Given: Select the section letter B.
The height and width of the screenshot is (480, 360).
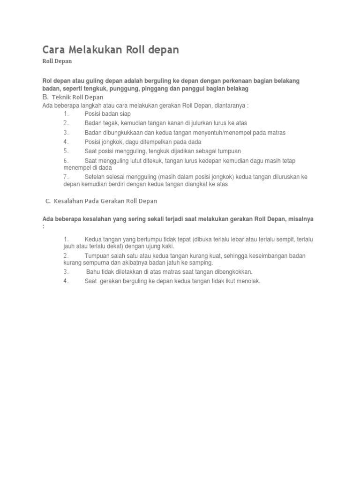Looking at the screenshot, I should (45, 97).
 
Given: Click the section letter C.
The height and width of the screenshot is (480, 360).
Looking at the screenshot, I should (47, 201).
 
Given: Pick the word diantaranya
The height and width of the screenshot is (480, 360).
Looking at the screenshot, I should (230, 105).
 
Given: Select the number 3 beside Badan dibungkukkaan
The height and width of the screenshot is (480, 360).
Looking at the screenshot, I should (66, 133).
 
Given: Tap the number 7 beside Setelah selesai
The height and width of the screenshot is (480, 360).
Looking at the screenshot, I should (66, 177).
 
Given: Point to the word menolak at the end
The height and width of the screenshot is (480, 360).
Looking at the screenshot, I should (248, 281).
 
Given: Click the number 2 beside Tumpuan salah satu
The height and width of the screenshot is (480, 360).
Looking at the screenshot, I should (66, 256).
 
